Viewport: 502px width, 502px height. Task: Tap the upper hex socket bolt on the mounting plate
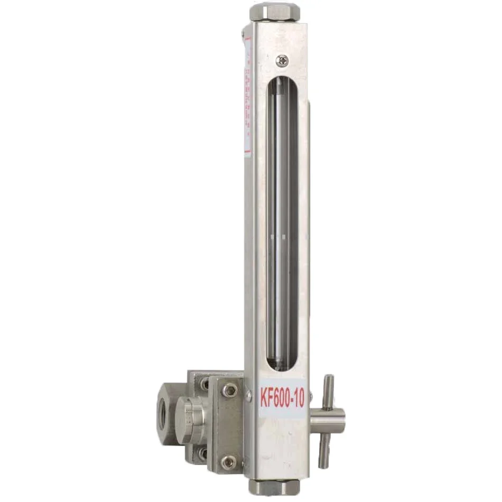coord(229,390)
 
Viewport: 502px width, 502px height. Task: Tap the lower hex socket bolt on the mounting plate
coord(228,463)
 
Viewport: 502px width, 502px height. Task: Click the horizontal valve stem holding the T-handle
coord(328,421)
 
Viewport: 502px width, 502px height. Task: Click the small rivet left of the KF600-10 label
coord(248,394)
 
